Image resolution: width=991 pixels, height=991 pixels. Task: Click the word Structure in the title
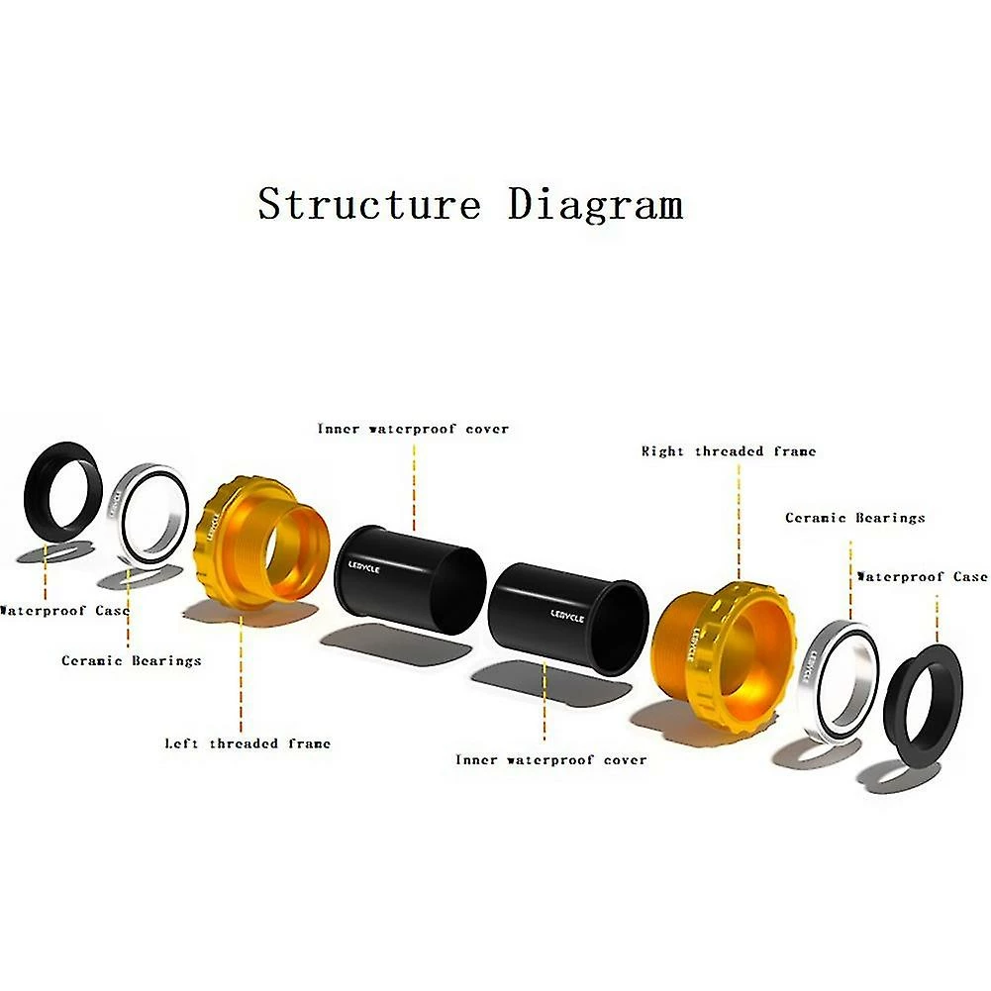pyautogui.click(x=368, y=204)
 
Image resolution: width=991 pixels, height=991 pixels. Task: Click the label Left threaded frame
pyautogui.click(x=248, y=743)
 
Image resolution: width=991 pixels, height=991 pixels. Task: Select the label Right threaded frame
pyautogui.click(x=729, y=451)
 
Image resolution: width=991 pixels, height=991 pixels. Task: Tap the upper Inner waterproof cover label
pyautogui.click(x=413, y=430)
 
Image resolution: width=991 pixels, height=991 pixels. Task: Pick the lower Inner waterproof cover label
pyautogui.click(x=550, y=760)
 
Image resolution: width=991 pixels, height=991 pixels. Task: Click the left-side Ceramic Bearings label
pyautogui.click(x=132, y=660)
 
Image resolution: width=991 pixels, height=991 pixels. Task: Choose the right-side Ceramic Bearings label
pyautogui.click(x=855, y=518)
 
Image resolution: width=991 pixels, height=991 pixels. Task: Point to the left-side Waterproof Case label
pyautogui.click(x=64, y=611)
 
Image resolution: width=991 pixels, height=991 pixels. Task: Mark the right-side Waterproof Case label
pyautogui.click(x=922, y=576)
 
